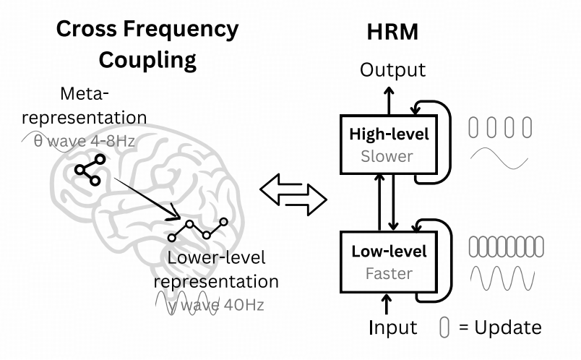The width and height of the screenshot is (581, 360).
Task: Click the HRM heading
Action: pyautogui.click(x=392, y=32)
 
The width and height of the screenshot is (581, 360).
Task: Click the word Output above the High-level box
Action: pyautogui.click(x=393, y=69)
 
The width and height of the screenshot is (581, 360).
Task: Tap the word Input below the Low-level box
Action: pyautogui.click(x=393, y=327)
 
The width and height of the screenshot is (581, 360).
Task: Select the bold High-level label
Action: pyautogui.click(x=389, y=134)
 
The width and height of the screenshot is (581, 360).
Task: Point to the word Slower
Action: pyautogui.click(x=387, y=156)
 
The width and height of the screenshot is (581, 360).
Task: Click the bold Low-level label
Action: pyautogui.click(x=389, y=252)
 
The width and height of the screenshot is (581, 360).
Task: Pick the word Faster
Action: pyautogui.click(x=389, y=274)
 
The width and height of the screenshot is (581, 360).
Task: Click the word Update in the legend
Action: pyautogui.click(x=507, y=327)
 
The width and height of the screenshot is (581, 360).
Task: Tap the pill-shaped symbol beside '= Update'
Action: pyautogui.click(x=444, y=327)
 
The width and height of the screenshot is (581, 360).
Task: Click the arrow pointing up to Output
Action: pyautogui.click(x=389, y=101)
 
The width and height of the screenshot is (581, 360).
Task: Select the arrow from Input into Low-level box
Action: pyautogui.click(x=387, y=304)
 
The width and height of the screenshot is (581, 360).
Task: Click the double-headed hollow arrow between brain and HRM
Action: pyautogui.click(x=293, y=194)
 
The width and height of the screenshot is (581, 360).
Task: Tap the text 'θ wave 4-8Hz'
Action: pyautogui.click(x=84, y=141)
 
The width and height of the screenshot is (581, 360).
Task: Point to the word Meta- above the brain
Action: pyautogui.click(x=85, y=93)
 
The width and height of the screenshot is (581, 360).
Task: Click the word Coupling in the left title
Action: pyautogui.click(x=147, y=61)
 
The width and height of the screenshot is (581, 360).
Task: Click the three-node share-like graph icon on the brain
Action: pyautogui.click(x=90, y=170)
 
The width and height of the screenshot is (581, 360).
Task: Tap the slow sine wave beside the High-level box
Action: pyautogui.click(x=499, y=158)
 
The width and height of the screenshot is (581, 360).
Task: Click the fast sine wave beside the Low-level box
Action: pyautogui.click(x=502, y=278)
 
